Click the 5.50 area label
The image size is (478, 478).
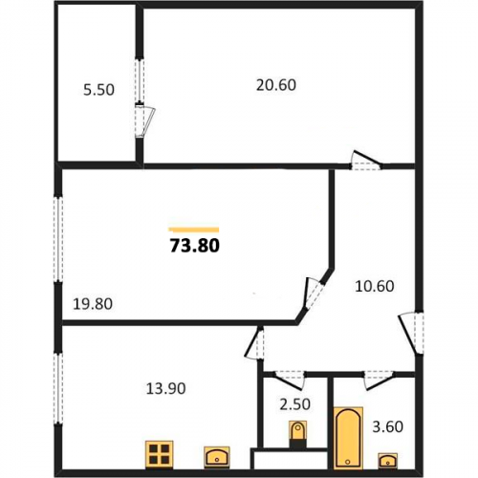click(x=98, y=90)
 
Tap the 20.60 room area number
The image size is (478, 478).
click(x=276, y=85)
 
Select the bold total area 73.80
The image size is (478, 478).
click(x=195, y=246)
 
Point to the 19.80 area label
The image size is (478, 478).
click(x=93, y=304)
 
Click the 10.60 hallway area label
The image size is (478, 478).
click(x=375, y=286)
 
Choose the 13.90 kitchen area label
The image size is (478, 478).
click(x=165, y=388)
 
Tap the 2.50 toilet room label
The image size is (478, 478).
click(x=294, y=404)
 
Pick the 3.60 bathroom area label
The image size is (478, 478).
click(x=388, y=426)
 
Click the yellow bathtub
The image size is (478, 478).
click(x=348, y=438)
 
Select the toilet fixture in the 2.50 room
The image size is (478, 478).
click(x=297, y=434)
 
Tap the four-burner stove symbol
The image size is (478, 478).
click(x=160, y=454)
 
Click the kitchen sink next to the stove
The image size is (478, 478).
click(x=217, y=457)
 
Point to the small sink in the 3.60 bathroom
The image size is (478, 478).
click(x=388, y=460)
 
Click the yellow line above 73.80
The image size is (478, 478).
click(x=194, y=229)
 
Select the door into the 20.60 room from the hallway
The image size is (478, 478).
click(x=366, y=160)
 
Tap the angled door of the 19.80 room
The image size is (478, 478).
click(x=313, y=293)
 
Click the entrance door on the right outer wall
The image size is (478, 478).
click(x=411, y=333)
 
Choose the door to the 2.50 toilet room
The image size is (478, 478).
click(x=290, y=380)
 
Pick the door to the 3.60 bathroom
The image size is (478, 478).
click(x=380, y=380)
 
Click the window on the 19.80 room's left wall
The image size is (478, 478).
click(x=58, y=239)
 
